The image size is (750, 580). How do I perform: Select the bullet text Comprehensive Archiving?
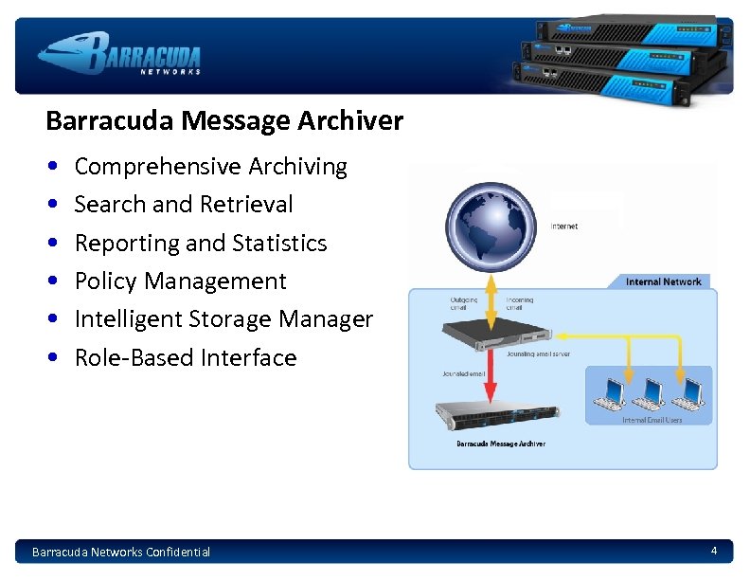click(210, 167)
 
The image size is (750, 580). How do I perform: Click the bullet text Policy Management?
click(180, 281)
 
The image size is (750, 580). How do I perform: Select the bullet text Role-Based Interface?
click(185, 358)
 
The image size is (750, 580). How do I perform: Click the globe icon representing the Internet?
click(491, 226)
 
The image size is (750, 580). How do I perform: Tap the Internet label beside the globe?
click(564, 227)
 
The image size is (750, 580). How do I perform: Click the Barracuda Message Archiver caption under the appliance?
click(500, 444)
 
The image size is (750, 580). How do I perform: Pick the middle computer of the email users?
click(652, 390)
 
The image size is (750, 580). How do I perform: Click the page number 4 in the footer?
click(714, 551)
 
